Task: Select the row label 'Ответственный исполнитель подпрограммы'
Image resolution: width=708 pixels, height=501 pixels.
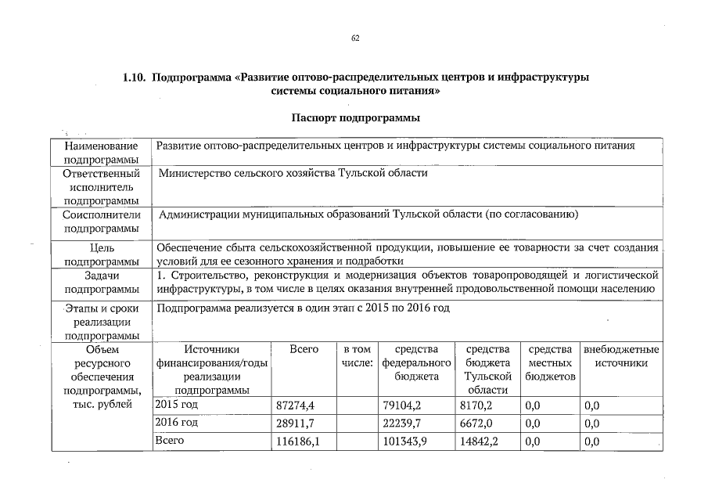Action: click(101, 187)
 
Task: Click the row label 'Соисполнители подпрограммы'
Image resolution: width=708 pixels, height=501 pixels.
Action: click(101, 221)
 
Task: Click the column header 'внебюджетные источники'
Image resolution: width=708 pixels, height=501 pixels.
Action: click(621, 356)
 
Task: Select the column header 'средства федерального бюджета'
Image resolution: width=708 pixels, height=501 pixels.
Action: click(417, 363)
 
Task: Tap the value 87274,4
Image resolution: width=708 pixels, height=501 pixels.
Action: click(295, 405)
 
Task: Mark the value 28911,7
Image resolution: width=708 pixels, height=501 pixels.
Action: click(295, 424)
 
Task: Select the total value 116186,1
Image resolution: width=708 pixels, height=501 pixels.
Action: click(298, 442)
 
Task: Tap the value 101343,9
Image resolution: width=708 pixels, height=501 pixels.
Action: click(405, 442)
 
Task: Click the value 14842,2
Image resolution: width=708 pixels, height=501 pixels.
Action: click(480, 442)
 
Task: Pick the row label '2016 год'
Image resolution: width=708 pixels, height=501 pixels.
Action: click(176, 424)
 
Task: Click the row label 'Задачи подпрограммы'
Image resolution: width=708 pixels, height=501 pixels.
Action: click(101, 283)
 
